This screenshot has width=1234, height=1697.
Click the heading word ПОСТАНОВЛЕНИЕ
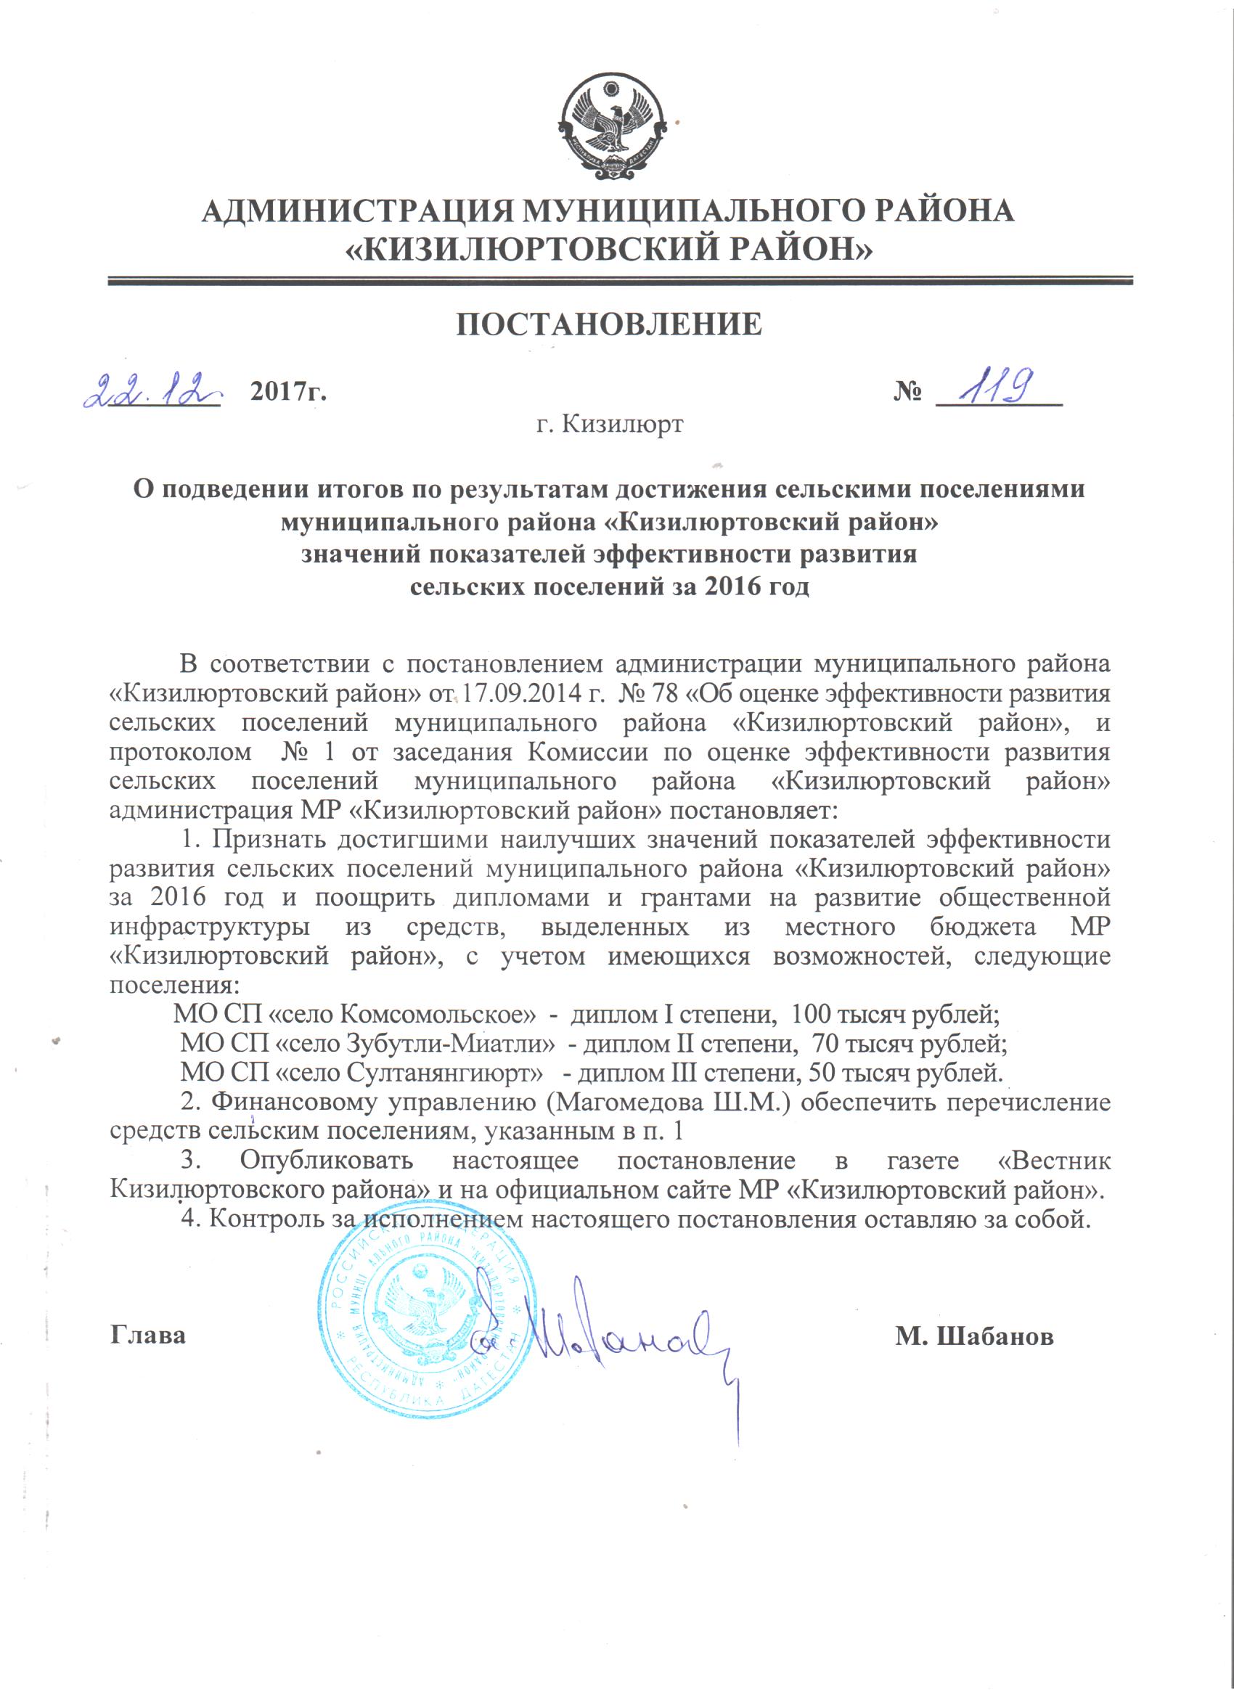pos(610,324)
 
